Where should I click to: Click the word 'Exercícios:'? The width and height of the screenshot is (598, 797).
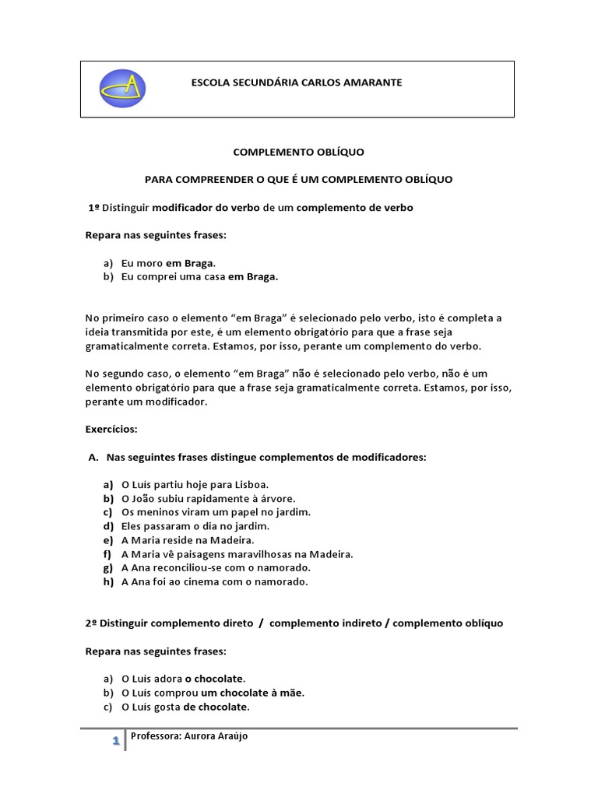[111, 429]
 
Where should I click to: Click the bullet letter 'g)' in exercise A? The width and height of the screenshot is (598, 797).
[107, 568]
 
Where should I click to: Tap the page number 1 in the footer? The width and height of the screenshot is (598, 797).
[114, 742]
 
